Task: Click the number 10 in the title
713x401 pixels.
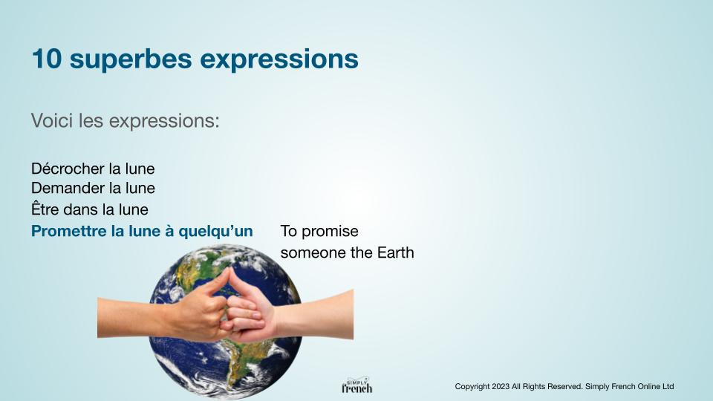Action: pyautogui.click(x=46, y=59)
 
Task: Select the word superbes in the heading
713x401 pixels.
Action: pyautogui.click(x=131, y=59)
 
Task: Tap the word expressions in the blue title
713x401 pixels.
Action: pyautogui.click(x=279, y=60)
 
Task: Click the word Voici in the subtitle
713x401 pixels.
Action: pyautogui.click(x=52, y=121)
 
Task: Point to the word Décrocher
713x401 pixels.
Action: pyautogui.click(x=68, y=169)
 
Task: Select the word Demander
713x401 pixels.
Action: pyautogui.click(x=68, y=188)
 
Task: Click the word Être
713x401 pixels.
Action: pyautogui.click(x=45, y=209)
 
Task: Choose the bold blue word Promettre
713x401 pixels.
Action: pyautogui.click(x=68, y=232)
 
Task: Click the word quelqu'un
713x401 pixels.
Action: pyautogui.click(x=215, y=232)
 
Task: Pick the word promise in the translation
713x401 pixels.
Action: pyautogui.click(x=330, y=232)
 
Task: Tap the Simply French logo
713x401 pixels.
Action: pyautogui.click(x=357, y=385)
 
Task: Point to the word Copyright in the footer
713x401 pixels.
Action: pyautogui.click(x=471, y=387)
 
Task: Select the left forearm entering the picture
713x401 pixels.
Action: pyautogui.click(x=132, y=317)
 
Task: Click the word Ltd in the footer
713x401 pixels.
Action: pyautogui.click(x=668, y=386)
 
